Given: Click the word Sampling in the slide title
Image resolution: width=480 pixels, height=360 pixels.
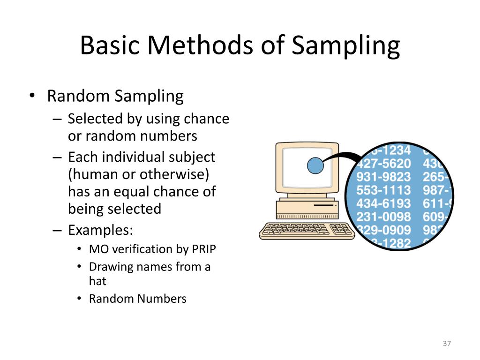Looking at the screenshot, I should (345, 46).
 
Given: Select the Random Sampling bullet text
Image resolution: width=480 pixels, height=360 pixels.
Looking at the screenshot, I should (115, 96).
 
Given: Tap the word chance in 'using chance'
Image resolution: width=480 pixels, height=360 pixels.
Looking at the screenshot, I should (206, 119).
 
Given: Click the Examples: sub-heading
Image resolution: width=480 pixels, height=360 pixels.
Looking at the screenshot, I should (100, 231).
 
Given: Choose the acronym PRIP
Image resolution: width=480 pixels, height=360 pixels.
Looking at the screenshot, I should (204, 249).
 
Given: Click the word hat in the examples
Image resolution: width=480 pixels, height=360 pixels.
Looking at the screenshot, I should (97, 281).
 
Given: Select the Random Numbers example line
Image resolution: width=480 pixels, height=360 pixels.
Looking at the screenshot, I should (137, 299).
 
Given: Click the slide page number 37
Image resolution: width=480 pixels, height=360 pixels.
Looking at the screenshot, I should (446, 344).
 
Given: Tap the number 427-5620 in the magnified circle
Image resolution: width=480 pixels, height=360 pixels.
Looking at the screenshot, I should (383, 164).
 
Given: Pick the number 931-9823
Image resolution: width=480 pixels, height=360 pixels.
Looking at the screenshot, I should (383, 177).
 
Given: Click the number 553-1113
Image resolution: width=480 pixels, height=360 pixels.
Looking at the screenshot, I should (383, 191).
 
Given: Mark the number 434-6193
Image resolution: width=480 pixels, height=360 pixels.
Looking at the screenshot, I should (383, 204).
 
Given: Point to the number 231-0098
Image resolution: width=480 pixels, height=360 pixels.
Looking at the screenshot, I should (383, 217).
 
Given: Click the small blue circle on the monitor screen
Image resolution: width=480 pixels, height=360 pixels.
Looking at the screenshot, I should (315, 165).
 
